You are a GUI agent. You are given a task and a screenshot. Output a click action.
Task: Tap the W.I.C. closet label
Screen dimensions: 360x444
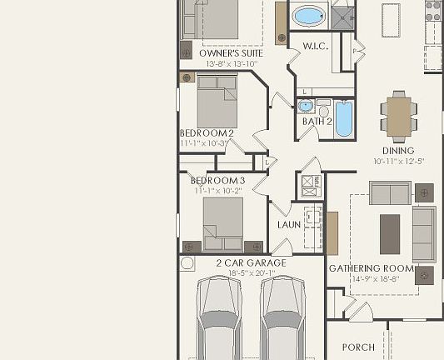pos(314,46)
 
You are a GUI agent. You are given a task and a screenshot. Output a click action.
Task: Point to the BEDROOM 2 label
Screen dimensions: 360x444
pos(207,132)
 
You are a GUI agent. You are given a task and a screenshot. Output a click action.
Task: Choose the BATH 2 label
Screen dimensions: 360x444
pos(317,122)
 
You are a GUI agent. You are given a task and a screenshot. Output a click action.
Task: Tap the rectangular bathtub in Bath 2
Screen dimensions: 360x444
pos(345,119)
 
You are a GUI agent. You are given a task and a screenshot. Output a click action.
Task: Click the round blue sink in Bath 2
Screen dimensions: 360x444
pos(305,107)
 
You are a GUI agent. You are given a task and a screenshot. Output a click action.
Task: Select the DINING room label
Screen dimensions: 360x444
pos(398,151)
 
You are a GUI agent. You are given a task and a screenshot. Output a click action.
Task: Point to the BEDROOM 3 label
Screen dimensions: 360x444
pos(217,180)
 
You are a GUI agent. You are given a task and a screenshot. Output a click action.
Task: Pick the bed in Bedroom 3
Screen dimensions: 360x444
pos(222,222)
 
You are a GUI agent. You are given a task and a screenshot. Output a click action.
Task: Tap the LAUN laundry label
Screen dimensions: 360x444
pos(289,225)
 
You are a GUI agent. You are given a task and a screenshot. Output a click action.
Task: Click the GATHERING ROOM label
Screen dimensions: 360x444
pos(371,268)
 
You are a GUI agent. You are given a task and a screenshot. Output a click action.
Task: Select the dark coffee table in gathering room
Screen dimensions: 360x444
pos(390,233)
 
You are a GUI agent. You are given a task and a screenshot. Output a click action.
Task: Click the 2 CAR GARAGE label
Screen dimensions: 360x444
pos(251,263)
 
